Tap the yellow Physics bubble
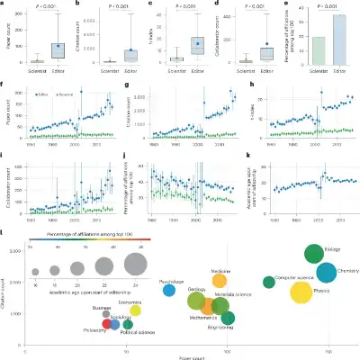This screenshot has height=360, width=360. tap(301, 292)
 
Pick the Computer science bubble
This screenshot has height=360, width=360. tap(269, 283)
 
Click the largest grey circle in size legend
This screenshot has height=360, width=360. tap(136, 264)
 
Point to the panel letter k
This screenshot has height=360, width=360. tap(248, 156)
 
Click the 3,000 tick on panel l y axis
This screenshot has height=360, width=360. tap(18, 252)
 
